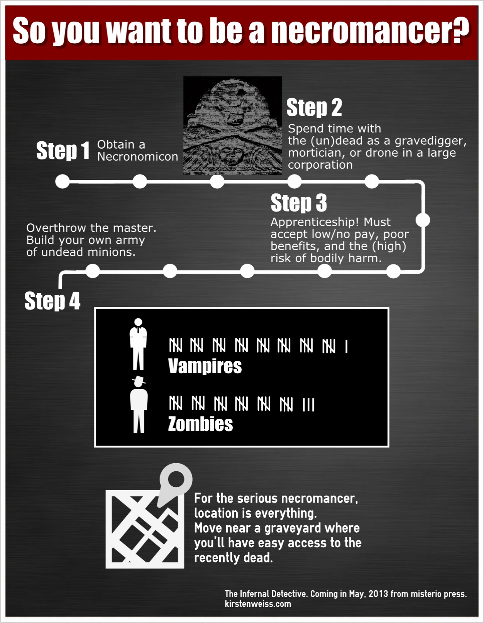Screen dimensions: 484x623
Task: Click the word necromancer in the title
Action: (370, 30)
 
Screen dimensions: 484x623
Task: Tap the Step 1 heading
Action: (63, 151)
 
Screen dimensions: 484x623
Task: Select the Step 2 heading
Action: (314, 108)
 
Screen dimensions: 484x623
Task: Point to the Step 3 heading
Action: (299, 203)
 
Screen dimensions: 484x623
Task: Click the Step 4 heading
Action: (52, 301)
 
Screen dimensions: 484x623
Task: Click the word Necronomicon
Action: (137, 157)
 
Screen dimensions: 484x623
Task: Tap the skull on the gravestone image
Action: (233, 106)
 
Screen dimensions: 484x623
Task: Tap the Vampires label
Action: (205, 366)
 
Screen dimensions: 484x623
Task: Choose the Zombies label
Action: (200, 424)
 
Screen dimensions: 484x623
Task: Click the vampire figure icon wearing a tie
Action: (138, 344)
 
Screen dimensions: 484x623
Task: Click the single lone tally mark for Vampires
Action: (347, 346)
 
